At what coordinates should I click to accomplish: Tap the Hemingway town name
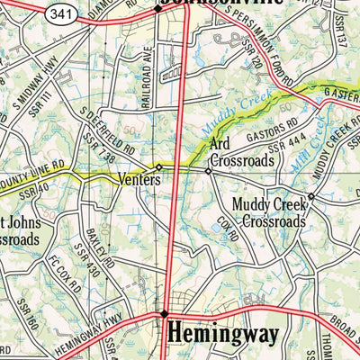pos(223,336)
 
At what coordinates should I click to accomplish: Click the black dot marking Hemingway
pos(164,314)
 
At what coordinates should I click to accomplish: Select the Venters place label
pos(139,180)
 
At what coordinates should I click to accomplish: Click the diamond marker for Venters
pos(159,167)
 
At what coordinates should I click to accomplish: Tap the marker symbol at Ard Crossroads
pos(208,170)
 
